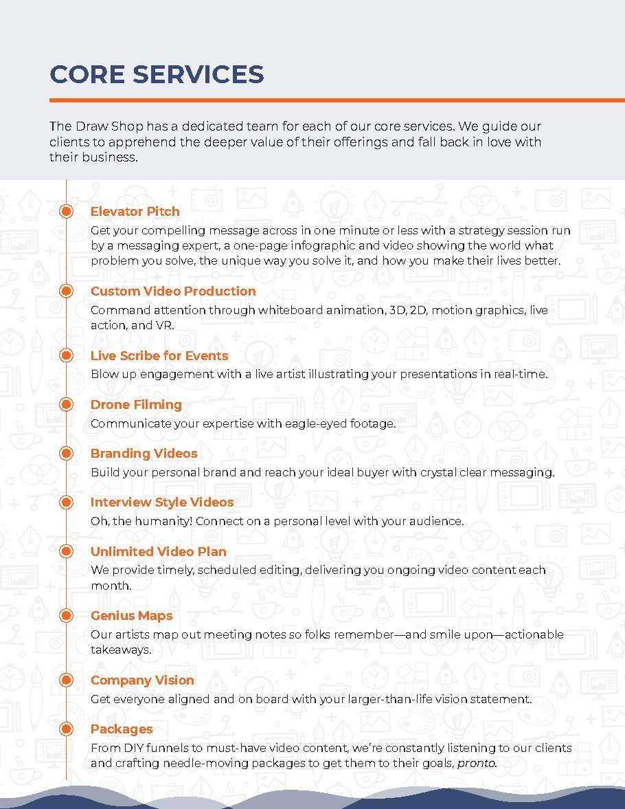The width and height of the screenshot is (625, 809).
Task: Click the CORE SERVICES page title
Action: (x=157, y=74)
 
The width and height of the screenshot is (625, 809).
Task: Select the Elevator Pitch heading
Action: (x=135, y=212)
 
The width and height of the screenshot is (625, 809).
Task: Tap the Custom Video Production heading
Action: (x=173, y=291)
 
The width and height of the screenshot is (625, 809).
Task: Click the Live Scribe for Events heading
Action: (x=159, y=356)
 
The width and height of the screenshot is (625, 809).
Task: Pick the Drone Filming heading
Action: (x=136, y=405)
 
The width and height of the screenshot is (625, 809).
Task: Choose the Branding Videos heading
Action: (x=144, y=454)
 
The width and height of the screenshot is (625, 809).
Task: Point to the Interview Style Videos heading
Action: (x=162, y=502)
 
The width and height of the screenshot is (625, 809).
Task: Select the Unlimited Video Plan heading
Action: (x=158, y=552)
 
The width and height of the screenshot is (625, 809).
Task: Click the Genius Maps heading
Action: (x=131, y=616)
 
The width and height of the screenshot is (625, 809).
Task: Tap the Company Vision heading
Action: (x=142, y=680)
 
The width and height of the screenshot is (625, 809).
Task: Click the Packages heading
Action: (x=122, y=729)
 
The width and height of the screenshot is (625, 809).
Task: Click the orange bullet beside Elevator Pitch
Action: (x=66, y=212)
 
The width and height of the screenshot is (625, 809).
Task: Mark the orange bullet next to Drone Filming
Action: (x=66, y=405)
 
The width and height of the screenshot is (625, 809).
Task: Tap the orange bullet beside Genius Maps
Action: (x=66, y=616)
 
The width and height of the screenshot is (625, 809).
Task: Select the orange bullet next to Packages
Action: (x=66, y=729)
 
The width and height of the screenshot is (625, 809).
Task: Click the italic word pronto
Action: (x=477, y=764)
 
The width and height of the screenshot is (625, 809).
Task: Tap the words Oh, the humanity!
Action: (x=141, y=522)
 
